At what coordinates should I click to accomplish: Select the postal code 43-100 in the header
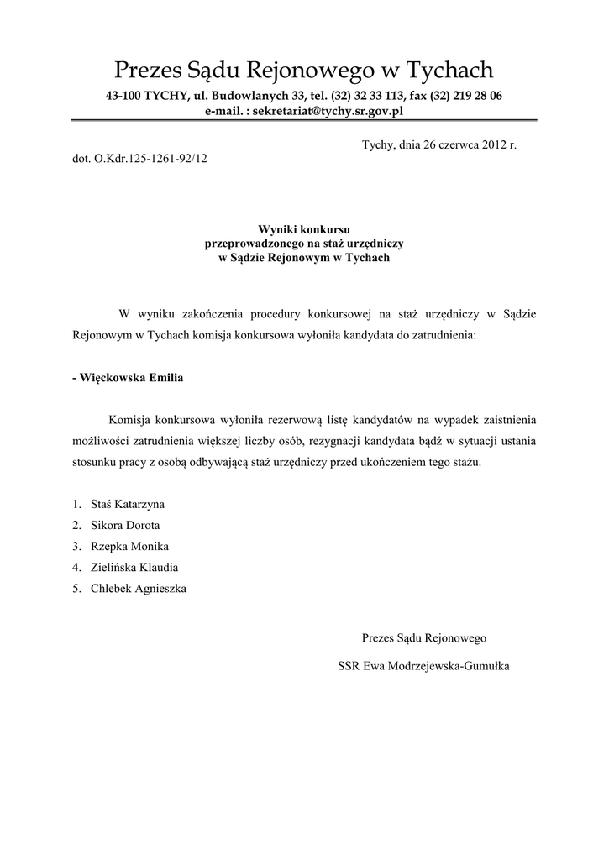tap(123, 96)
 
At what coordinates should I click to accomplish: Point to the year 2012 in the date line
tap(490, 144)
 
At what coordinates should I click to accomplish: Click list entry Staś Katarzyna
tap(128, 504)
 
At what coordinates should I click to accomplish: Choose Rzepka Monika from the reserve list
tap(129, 546)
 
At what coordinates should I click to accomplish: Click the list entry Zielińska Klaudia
tap(134, 567)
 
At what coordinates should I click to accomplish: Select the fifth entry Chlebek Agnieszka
tap(139, 588)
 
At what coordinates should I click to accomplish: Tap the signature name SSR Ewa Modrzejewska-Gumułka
tap(423, 666)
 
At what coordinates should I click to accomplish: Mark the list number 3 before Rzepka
tap(76, 546)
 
